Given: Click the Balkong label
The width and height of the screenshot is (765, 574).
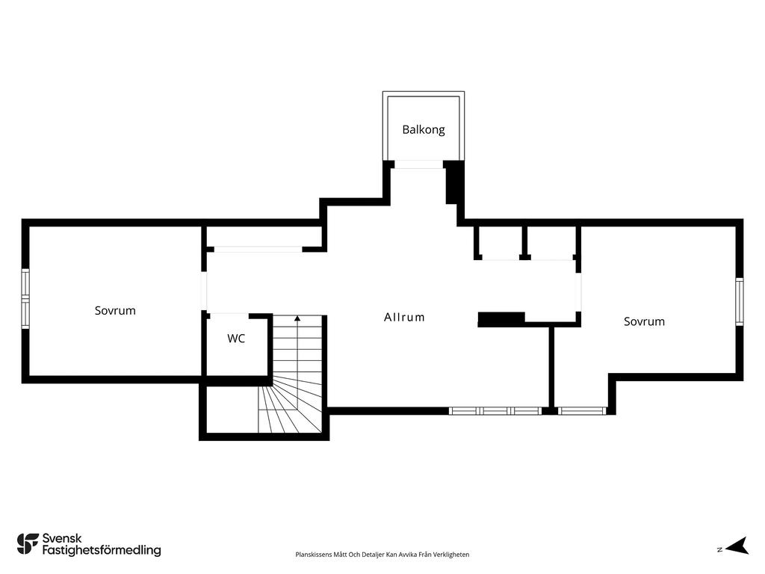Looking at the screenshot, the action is [x=424, y=130].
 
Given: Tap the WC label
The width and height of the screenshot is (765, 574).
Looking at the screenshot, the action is [x=236, y=339].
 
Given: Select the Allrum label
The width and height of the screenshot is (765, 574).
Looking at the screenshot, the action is [x=404, y=317].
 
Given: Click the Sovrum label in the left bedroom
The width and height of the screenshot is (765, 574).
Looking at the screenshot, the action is [x=115, y=310].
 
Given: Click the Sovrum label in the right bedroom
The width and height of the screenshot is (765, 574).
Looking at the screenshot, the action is [x=644, y=321].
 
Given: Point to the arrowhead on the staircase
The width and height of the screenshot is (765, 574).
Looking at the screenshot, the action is [x=297, y=318].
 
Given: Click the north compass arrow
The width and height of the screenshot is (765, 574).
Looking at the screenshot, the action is [x=737, y=546].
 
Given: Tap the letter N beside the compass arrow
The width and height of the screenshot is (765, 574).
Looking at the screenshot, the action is [x=719, y=549].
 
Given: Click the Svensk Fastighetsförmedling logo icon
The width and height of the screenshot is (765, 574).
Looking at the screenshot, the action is [x=28, y=544].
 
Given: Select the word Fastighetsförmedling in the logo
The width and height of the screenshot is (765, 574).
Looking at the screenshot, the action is [x=102, y=550].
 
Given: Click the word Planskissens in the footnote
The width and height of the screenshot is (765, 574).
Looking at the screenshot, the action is [x=313, y=555].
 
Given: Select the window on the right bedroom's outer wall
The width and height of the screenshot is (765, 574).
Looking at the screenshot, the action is [x=739, y=301].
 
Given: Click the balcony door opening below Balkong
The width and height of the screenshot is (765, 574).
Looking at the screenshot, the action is [x=418, y=164].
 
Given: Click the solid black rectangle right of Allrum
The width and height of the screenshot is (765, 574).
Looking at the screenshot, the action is [x=501, y=319].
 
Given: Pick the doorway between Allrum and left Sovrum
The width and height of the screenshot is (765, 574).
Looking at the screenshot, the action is [x=205, y=291].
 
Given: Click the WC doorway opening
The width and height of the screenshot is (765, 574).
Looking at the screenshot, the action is [x=229, y=315].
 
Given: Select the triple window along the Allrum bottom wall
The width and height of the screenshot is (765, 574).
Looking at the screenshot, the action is [x=495, y=411].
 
